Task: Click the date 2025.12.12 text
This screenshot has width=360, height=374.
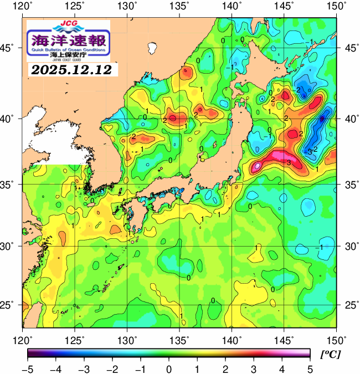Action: [x=71, y=70]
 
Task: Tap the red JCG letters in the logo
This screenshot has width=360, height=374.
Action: [x=68, y=24]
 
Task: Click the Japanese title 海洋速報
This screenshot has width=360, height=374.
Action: [x=68, y=40]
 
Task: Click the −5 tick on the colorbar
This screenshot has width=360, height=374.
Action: [x=28, y=368]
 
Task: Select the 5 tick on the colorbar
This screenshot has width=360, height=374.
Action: [x=310, y=368]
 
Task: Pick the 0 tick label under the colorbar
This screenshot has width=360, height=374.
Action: [x=169, y=368]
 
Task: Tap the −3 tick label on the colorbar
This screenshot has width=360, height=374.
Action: [x=84, y=368]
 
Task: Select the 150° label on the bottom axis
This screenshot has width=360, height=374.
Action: [x=336, y=339]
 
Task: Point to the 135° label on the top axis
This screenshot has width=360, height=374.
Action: [x=180, y=7]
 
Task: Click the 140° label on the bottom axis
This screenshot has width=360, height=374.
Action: [x=232, y=339]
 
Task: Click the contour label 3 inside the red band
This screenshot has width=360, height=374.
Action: [x=289, y=162]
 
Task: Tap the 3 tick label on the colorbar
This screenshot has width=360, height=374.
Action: [x=253, y=368]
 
